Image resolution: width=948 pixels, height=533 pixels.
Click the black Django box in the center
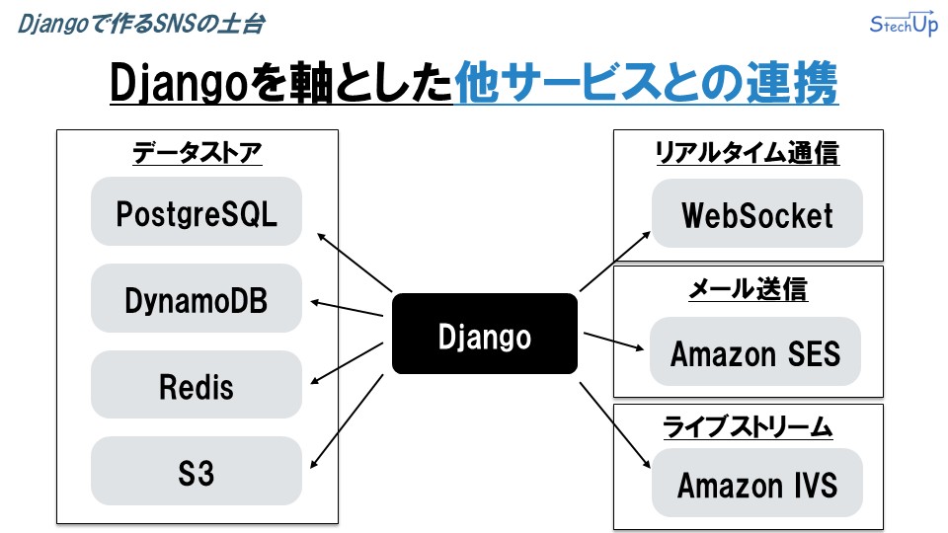click(484, 334)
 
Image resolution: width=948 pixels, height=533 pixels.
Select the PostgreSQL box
click(197, 211)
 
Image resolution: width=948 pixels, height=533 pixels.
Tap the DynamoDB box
click(197, 298)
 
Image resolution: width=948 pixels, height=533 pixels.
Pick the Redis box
click(197, 385)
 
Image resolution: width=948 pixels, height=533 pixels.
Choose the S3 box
click(197, 472)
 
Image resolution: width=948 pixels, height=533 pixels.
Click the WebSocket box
click(757, 213)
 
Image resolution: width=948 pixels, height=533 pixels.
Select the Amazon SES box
click(755, 351)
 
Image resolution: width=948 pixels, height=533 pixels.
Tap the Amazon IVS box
click(757, 483)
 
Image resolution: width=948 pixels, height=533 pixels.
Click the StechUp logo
click(904, 24)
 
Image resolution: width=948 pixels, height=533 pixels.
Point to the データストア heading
click(197, 152)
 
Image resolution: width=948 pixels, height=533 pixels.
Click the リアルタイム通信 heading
click(748, 152)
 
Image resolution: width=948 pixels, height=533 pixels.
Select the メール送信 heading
click(749, 289)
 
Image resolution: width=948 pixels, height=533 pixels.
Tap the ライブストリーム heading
click(748, 426)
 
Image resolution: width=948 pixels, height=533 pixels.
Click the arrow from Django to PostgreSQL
click(355, 263)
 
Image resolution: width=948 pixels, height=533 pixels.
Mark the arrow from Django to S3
click(347, 421)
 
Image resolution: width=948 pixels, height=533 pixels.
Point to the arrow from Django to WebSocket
click(615, 261)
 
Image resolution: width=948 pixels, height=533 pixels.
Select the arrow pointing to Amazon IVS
click(615, 424)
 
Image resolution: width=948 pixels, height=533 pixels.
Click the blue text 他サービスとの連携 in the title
click(646, 83)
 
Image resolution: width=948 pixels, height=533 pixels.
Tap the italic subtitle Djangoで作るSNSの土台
click(141, 24)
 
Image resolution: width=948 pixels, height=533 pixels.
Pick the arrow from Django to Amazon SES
click(613, 341)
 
